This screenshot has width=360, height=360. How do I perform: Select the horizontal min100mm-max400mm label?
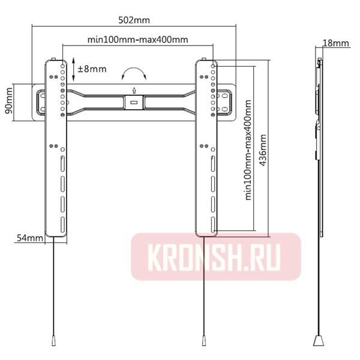(x=138, y=40)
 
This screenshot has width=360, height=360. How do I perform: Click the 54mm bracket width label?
(x=29, y=238)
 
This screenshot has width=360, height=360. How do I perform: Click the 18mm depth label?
(x=335, y=43)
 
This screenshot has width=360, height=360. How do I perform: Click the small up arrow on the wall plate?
(x=133, y=91)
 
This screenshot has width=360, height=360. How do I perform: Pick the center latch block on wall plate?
(x=133, y=103)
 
